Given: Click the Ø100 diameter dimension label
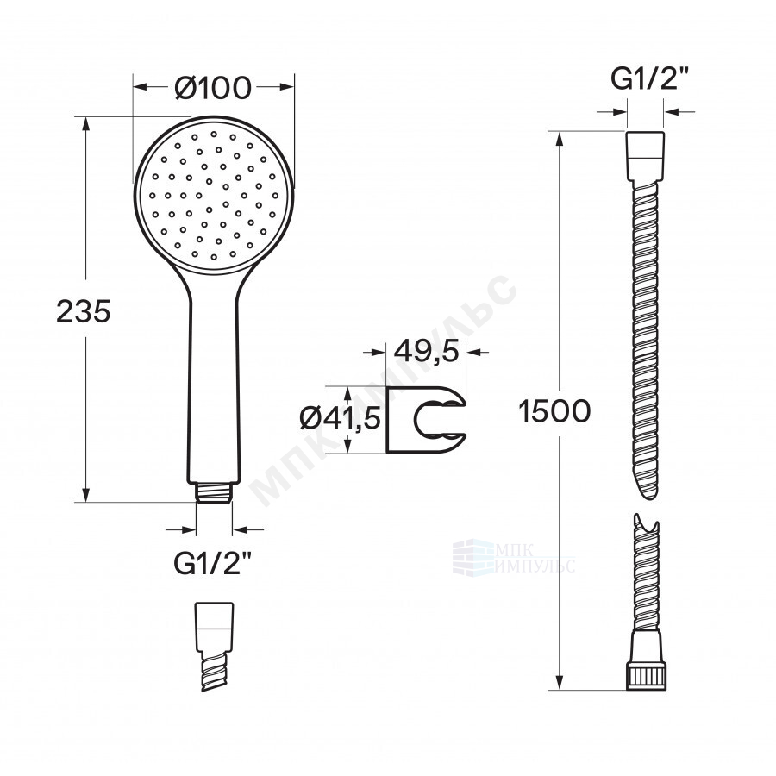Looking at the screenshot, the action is pyautogui.click(x=213, y=88).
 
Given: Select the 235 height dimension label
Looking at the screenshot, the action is pyautogui.click(x=83, y=312).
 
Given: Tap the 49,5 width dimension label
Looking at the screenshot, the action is pyautogui.click(x=427, y=352).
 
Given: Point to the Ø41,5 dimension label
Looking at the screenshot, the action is pyautogui.click(x=340, y=419).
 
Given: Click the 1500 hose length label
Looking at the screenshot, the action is pyautogui.click(x=554, y=411).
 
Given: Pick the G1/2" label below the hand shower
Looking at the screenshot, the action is pyautogui.click(x=213, y=563).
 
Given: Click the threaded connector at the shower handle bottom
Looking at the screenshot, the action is pyautogui.click(x=214, y=492).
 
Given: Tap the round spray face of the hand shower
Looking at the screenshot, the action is pyautogui.click(x=214, y=195).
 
